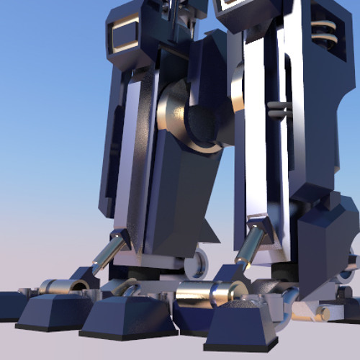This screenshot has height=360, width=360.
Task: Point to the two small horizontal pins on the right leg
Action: [x=278, y=108]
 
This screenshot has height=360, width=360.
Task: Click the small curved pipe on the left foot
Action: [x=130, y=290]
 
